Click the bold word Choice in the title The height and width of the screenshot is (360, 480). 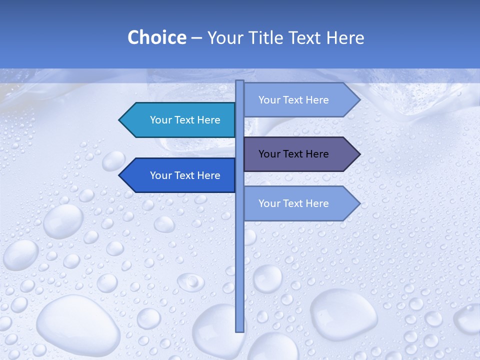click(x=156, y=38)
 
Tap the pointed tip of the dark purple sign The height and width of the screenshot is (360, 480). click(x=358, y=154)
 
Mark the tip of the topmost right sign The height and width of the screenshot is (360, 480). click(x=358, y=100)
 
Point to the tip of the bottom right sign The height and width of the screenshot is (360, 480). click(x=358, y=203)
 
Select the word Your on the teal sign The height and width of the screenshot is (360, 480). click(x=161, y=120)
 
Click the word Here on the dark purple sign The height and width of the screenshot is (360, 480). click(x=316, y=154)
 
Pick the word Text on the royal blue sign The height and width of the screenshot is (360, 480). click(x=185, y=175)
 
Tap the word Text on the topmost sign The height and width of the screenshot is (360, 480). click(x=293, y=100)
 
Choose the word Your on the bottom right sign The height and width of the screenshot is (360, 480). click(x=269, y=203)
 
